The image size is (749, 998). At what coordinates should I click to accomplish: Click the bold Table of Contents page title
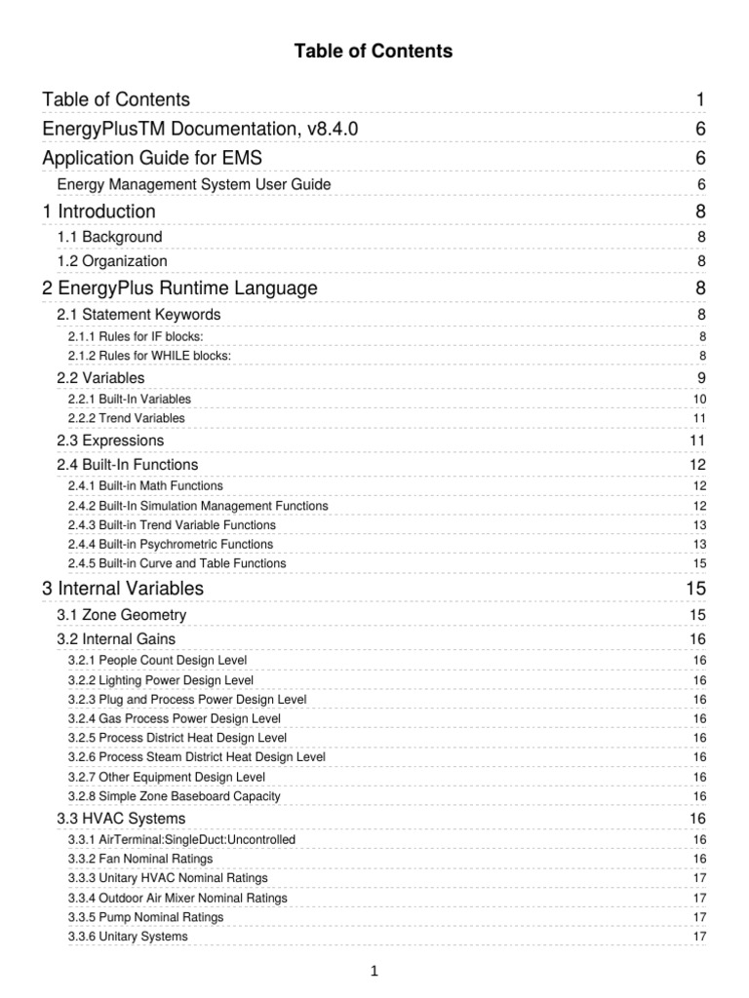tap(374, 51)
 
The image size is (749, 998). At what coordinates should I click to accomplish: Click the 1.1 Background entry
tap(110, 237)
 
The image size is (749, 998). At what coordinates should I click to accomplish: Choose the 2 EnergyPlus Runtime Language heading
tap(179, 288)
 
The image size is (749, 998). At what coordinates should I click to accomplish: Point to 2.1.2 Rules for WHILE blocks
tap(149, 356)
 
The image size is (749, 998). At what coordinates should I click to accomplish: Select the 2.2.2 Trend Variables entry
tap(127, 418)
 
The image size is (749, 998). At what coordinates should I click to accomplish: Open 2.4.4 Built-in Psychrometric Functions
tap(171, 544)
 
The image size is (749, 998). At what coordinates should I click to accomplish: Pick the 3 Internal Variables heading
tap(123, 589)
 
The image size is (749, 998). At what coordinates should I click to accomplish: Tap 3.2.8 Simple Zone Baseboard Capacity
tap(175, 796)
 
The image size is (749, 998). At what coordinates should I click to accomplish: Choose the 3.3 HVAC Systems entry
tap(122, 818)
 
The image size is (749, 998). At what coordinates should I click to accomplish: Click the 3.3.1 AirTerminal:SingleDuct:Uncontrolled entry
tap(181, 839)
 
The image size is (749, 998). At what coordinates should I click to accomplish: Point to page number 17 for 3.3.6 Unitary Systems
tap(699, 937)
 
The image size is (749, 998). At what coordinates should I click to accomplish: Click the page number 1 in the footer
tap(374, 971)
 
